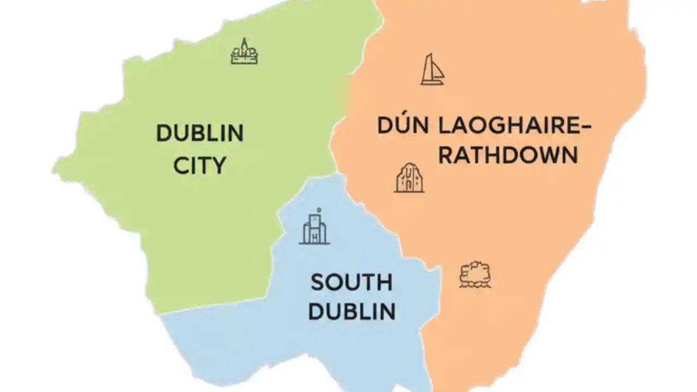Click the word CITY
200,165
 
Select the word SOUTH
351,283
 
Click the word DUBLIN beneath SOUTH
351,311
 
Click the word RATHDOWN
508,155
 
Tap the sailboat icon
432,69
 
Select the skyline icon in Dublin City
244,52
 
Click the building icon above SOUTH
315,227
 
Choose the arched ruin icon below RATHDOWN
409,178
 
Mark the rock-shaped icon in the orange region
475,274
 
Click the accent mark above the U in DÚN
402,113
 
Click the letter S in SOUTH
317,283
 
